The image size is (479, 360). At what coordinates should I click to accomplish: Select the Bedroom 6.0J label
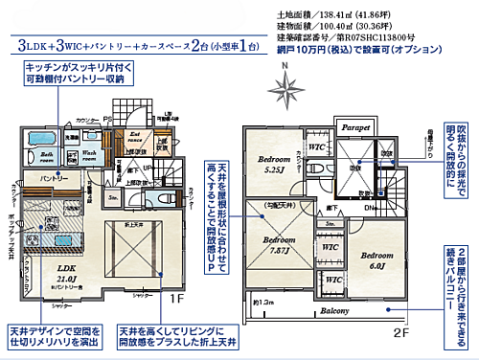378,261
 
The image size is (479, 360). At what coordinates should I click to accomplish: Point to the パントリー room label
54,179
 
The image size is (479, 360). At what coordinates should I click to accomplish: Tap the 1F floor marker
178,299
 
